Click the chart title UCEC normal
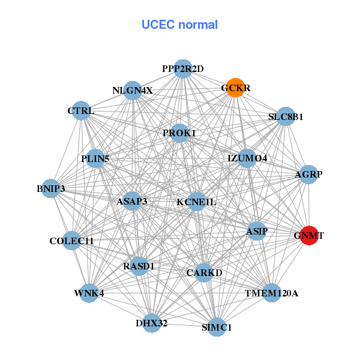pos(179,25)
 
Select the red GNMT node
pos(308,235)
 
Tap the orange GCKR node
pos(235,88)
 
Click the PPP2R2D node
pos(183,69)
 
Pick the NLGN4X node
pos(133,91)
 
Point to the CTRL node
pos(81,111)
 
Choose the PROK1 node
pos(179,133)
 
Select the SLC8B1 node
pos(286,117)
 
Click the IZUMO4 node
pos(247,158)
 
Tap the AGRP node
pos(308,175)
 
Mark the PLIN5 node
pos(95,159)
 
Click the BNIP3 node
pos(51,189)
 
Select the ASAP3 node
pos(132,201)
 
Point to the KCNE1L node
pos(196,202)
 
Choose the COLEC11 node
pos(72,241)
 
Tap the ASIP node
pos(257,231)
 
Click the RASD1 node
pos(139,266)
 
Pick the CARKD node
pos(204,273)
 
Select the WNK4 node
pos(89,293)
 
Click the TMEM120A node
pos(271,293)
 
